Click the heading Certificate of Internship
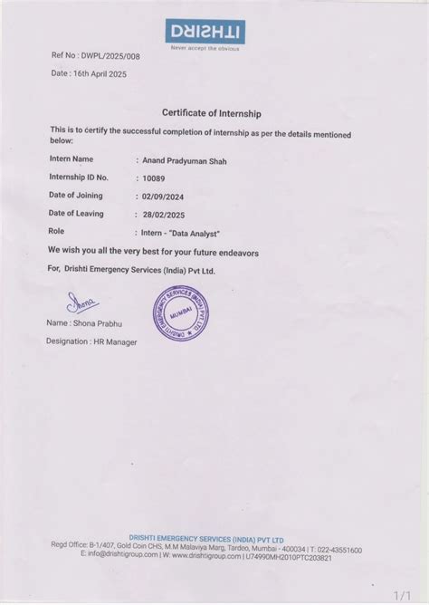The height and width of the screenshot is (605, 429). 212,113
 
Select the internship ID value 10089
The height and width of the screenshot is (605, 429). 155,178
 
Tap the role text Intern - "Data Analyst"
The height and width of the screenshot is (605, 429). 186,232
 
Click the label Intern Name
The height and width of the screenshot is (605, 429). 72,159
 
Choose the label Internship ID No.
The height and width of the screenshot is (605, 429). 80,178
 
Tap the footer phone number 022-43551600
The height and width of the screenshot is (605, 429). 340,550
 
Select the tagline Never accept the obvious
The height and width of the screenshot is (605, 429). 206,48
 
